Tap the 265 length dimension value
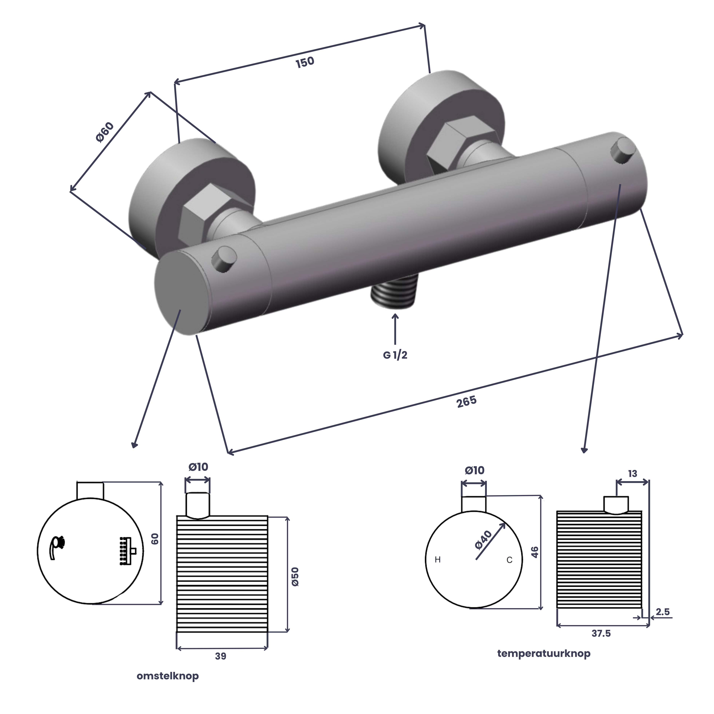click(x=467, y=402)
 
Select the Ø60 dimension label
click(x=105, y=132)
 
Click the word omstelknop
click(x=168, y=676)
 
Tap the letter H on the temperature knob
click(x=438, y=560)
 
